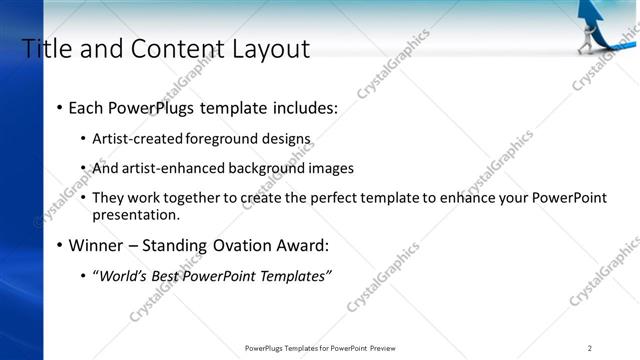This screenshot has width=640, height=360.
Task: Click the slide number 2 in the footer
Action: point(590,348)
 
